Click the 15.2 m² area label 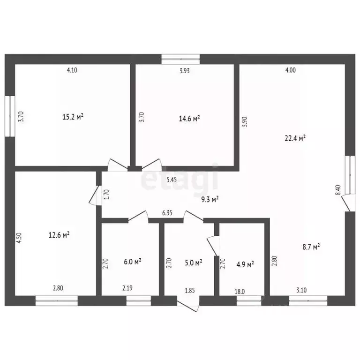point(73,117)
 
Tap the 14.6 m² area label point(189,119)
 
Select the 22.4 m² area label point(295,138)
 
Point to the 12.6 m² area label point(59,235)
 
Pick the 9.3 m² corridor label point(210,199)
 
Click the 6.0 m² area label point(133,262)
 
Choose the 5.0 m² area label point(194,262)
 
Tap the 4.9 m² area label point(245,264)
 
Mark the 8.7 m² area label point(311,247)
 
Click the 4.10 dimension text point(72,70)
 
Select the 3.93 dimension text point(185,71)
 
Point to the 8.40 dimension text point(338,190)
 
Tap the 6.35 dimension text point(167,213)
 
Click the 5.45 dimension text point(172,180)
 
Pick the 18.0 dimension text point(240,292)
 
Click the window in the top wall point(180,59)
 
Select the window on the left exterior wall point(10,116)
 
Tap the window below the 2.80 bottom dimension point(57,301)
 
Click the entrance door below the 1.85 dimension point(188,304)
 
